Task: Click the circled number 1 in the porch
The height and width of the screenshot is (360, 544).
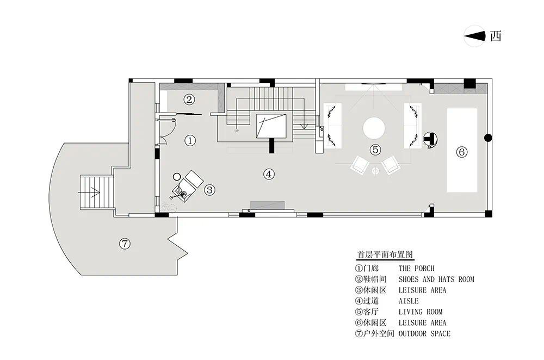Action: pyautogui.click(x=190, y=140)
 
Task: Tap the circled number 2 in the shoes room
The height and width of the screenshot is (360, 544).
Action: pyautogui.click(x=189, y=100)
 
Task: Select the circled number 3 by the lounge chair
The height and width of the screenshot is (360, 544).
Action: pyautogui.click(x=209, y=190)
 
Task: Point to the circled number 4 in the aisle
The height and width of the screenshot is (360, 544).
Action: pyautogui.click(x=269, y=174)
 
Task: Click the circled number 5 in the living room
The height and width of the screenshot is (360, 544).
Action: pyautogui.click(x=375, y=150)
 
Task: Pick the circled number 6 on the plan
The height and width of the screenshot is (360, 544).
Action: pyautogui.click(x=461, y=152)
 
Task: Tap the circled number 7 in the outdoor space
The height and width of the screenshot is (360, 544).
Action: pyautogui.click(x=125, y=244)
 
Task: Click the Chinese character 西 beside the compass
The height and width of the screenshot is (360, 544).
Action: pyautogui.click(x=496, y=36)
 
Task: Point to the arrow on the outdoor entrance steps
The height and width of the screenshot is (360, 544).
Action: pyautogui.click(x=89, y=192)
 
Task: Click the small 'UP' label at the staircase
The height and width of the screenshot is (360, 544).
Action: pyautogui.click(x=237, y=131)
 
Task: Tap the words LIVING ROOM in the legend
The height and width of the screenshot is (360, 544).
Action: pyautogui.click(x=421, y=312)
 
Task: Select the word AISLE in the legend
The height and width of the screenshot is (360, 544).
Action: pyautogui.click(x=409, y=301)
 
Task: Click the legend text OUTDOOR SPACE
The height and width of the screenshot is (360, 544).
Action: pyautogui.click(x=424, y=334)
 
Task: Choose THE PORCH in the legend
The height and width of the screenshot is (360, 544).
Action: pyautogui.click(x=416, y=268)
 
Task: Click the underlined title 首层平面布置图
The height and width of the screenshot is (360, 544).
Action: pyautogui.click(x=385, y=255)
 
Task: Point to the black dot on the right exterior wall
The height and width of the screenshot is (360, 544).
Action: pyautogui.click(x=488, y=138)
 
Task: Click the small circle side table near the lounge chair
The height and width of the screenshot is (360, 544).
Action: pyautogui.click(x=177, y=177)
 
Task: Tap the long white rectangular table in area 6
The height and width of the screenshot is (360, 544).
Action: pyautogui.click(x=462, y=150)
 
